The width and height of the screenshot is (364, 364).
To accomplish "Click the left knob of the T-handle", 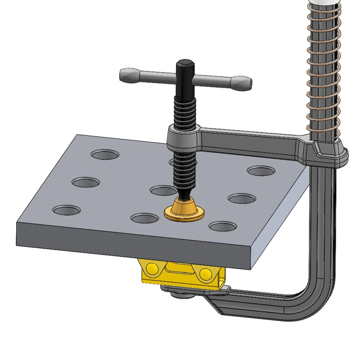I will tap(129, 75).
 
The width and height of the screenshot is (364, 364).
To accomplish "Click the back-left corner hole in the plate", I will tap(105, 154).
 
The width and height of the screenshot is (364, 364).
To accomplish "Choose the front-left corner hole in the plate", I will tap(67, 210).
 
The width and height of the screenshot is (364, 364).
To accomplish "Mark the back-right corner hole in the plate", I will tap(261, 171).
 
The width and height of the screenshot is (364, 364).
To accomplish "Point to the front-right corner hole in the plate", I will tap(223, 226).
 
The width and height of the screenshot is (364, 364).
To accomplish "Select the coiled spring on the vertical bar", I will tap(322, 71).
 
